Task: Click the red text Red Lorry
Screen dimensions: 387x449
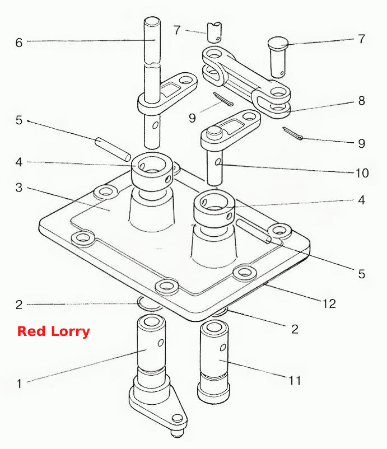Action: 54,331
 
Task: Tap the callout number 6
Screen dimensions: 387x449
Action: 19,43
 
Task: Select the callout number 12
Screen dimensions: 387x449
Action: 329,303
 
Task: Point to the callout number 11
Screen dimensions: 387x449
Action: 295,380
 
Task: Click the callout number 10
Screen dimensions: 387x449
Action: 362,173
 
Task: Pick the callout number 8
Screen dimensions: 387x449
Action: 361,101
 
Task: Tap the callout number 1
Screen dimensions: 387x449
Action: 19,383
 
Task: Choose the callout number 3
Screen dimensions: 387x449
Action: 19,188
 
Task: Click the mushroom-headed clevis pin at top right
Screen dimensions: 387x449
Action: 278,57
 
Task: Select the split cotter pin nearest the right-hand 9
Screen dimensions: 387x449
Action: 292,134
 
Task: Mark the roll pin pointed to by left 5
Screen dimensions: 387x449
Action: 113,149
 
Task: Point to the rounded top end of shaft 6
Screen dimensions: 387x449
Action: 152,21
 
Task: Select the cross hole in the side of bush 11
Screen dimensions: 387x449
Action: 222,348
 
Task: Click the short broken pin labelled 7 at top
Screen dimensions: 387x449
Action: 215,32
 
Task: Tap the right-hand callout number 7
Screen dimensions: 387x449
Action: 362,39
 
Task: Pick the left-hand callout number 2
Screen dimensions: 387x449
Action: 19,305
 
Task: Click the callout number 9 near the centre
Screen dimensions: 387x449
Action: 192,118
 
